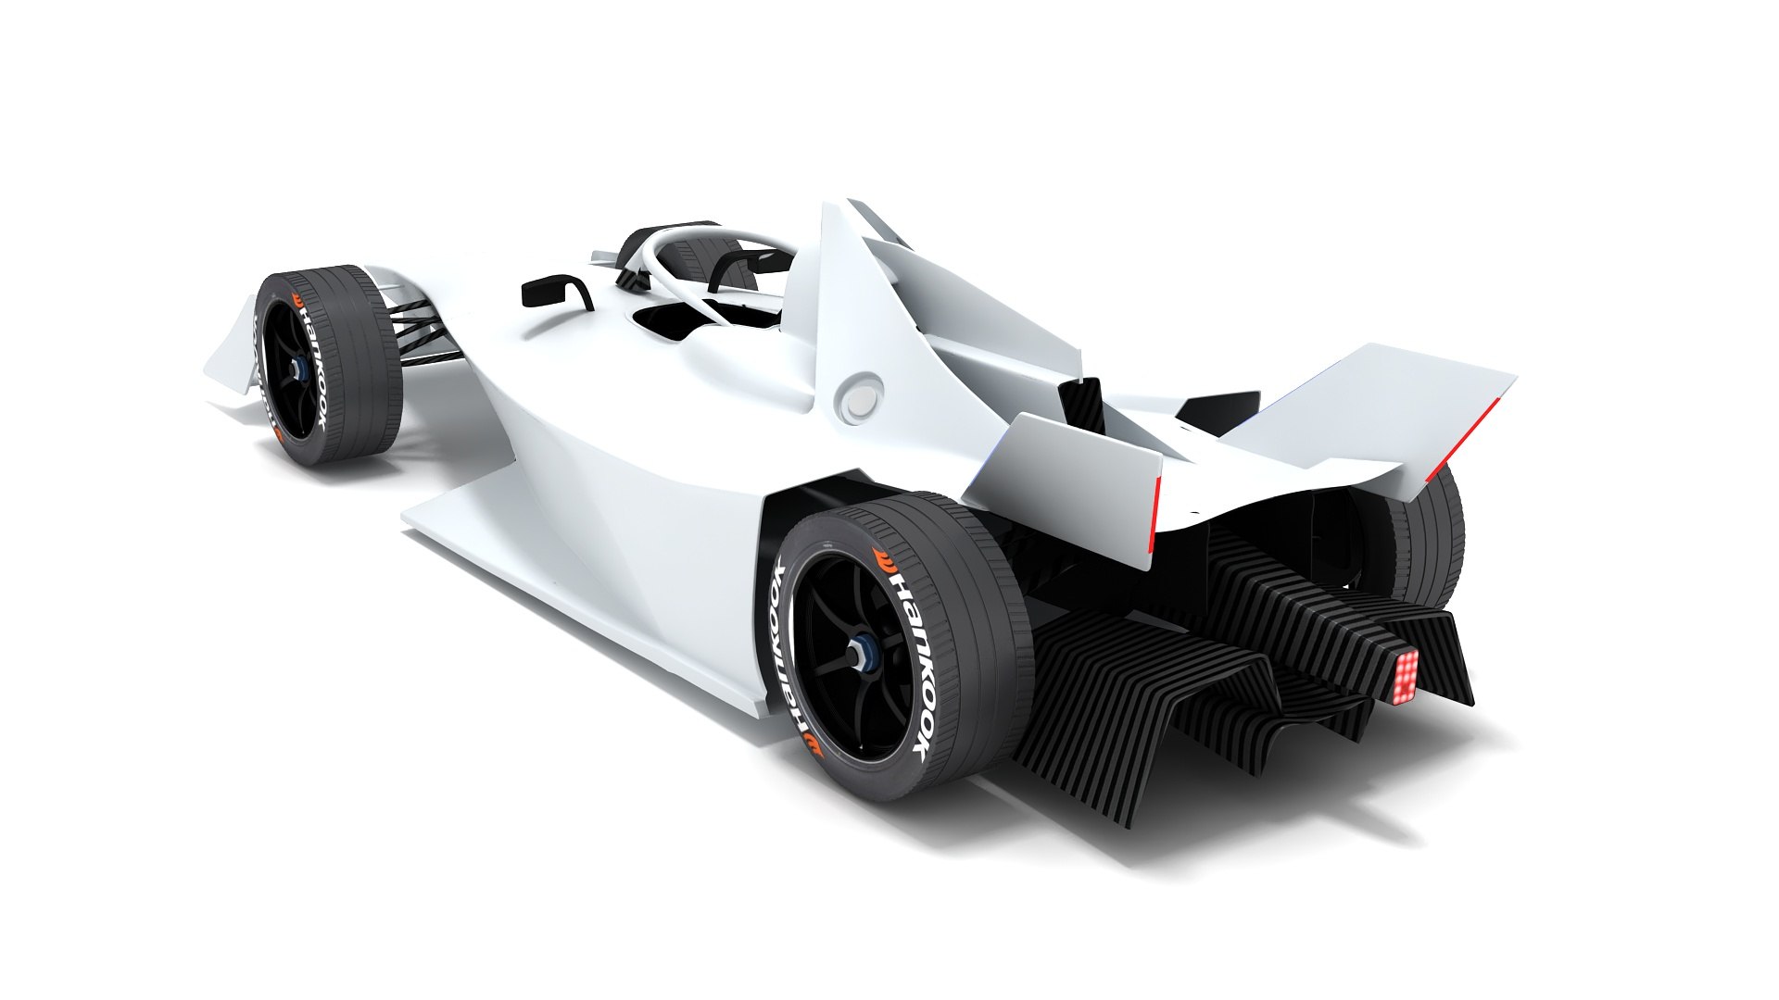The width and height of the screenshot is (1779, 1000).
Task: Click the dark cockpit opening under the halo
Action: [672, 324]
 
